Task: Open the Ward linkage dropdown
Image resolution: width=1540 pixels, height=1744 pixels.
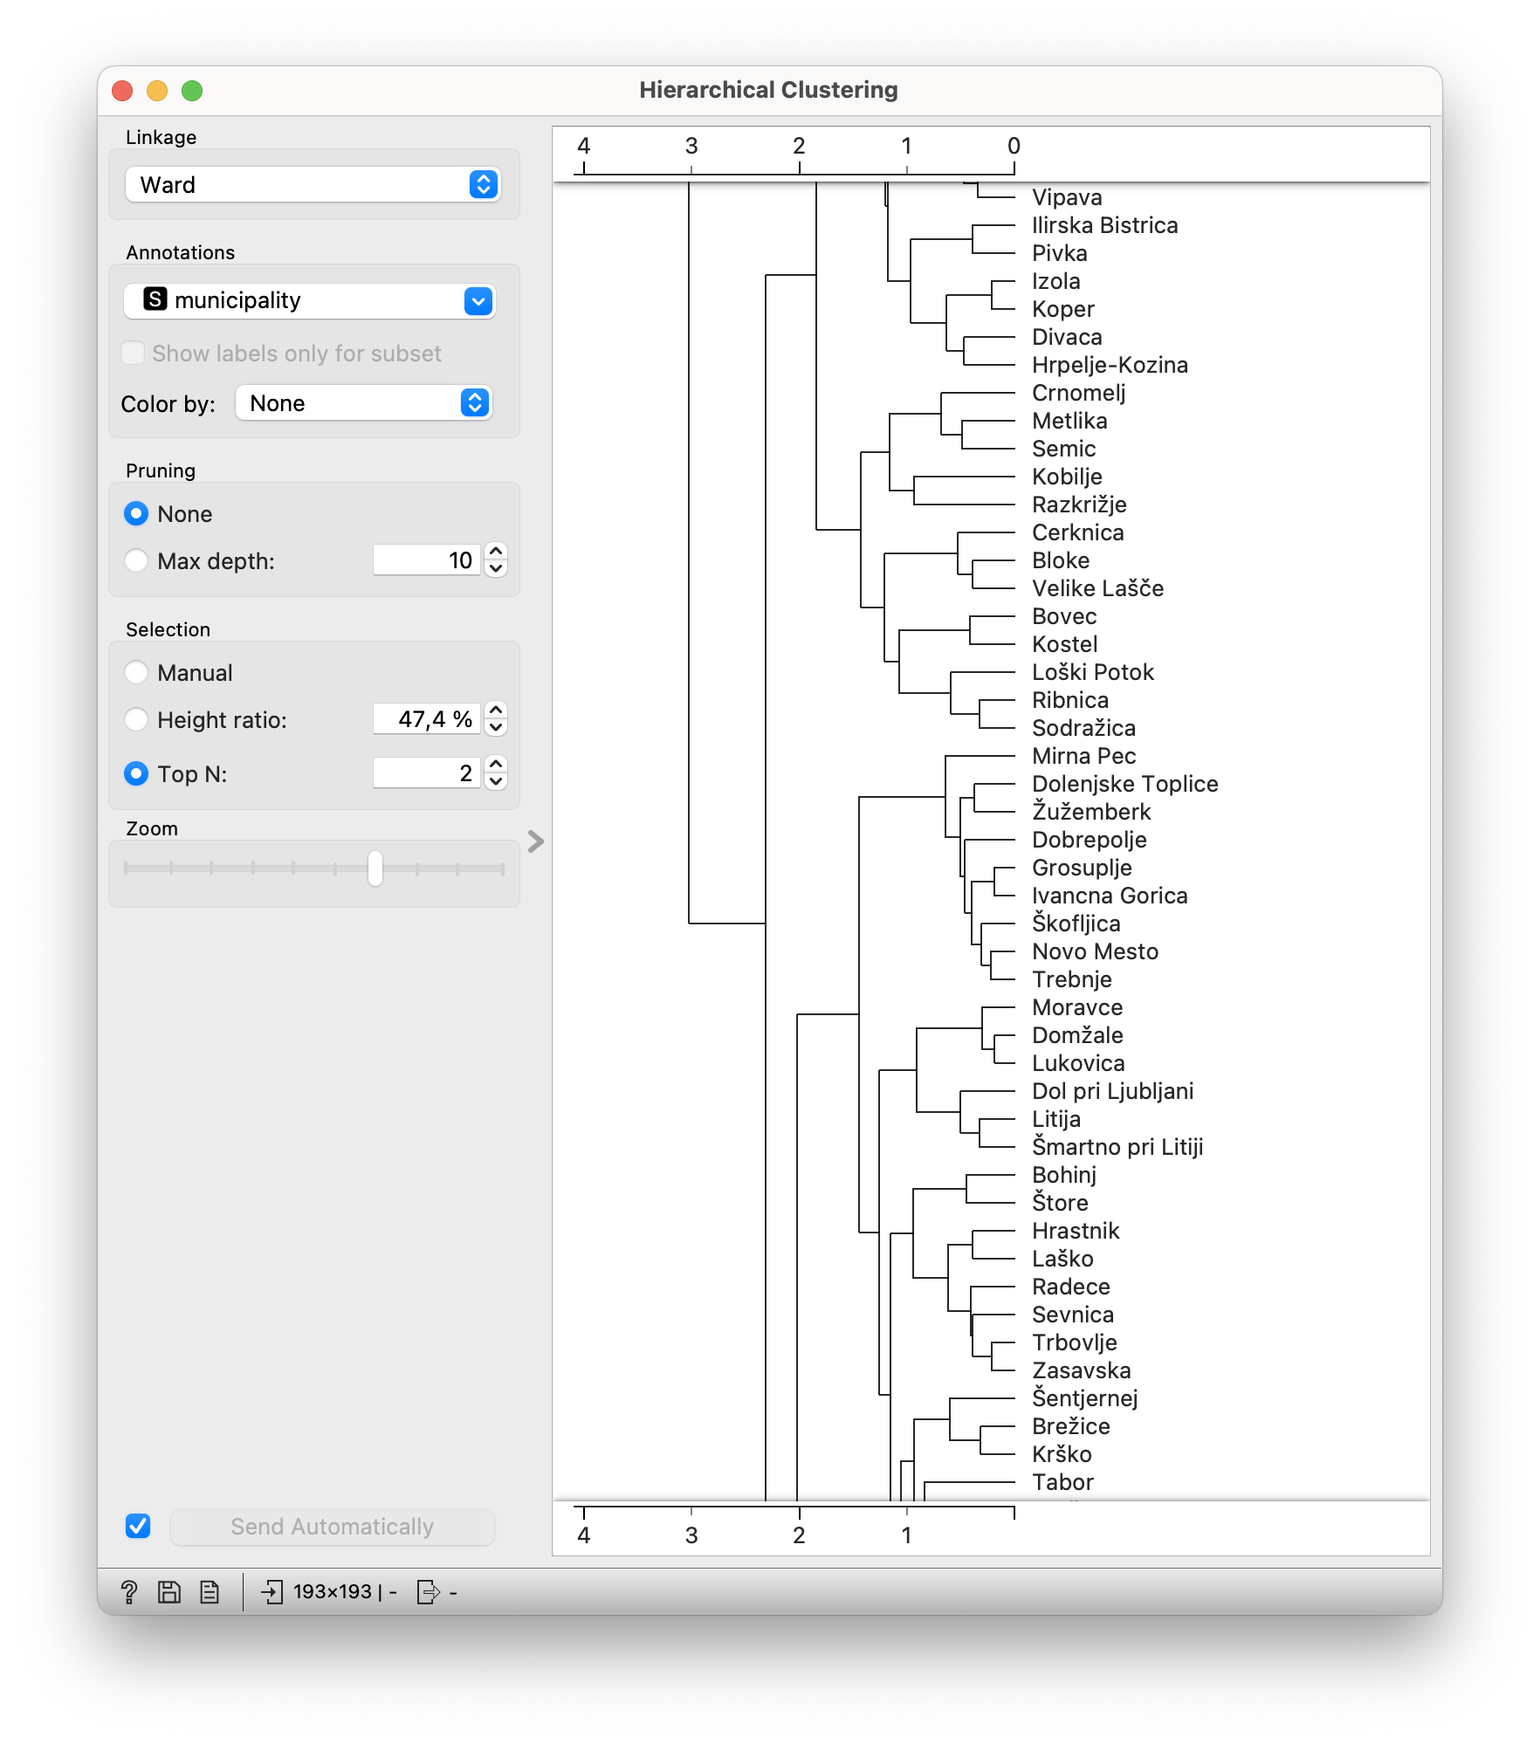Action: [x=312, y=184]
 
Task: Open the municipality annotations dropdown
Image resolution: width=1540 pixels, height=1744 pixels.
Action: [x=310, y=300]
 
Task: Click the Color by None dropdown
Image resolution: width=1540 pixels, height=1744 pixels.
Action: [x=364, y=403]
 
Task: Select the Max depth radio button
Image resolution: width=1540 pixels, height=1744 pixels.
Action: [x=136, y=560]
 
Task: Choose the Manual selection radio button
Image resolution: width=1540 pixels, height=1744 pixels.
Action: [x=136, y=672]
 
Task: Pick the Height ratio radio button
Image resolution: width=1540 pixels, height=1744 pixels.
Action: [x=136, y=719]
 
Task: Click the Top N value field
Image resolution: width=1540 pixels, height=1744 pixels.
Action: [x=426, y=772]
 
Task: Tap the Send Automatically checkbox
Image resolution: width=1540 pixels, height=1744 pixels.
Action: [x=138, y=1526]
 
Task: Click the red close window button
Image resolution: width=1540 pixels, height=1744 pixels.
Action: [x=122, y=91]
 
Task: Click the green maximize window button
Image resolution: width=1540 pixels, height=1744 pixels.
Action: [x=192, y=91]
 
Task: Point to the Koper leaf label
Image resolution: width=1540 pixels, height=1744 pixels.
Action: [x=1062, y=309]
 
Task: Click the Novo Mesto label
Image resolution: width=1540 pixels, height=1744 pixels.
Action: [x=1095, y=951]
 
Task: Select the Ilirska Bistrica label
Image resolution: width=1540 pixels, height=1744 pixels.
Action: [x=1104, y=225]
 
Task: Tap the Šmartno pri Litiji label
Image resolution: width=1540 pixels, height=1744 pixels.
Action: [x=1117, y=1147]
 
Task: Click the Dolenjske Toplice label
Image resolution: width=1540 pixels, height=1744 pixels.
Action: [x=1124, y=784]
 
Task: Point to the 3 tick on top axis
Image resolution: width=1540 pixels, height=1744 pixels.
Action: [x=691, y=146]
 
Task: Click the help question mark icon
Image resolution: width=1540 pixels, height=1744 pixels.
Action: [x=129, y=1592]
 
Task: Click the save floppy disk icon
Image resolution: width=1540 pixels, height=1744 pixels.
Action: [x=169, y=1592]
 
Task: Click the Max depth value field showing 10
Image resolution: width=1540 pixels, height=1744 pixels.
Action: [x=426, y=560]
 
